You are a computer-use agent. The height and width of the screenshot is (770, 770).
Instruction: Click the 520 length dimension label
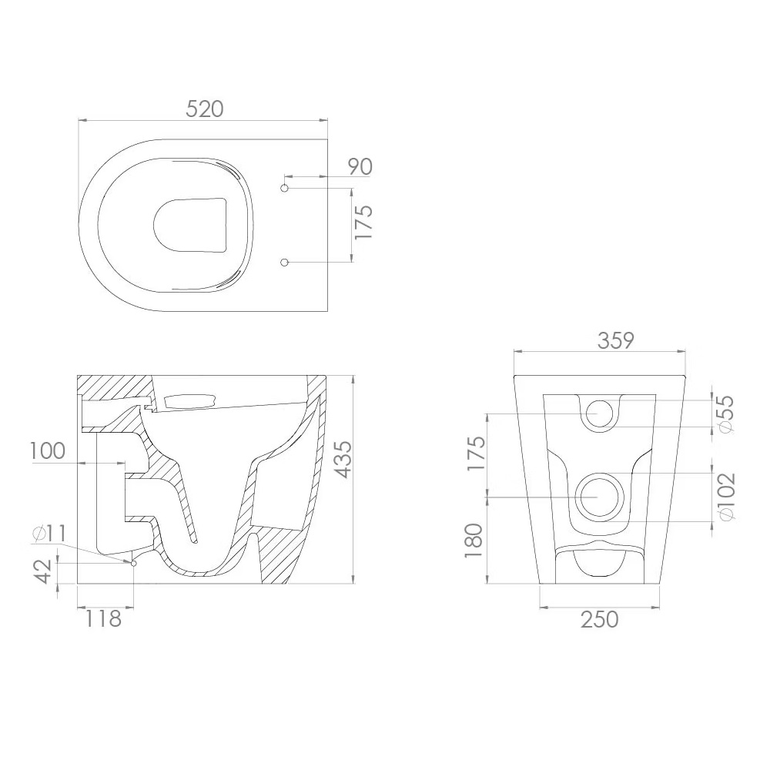204,109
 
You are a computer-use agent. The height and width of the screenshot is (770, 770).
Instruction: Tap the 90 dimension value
360,167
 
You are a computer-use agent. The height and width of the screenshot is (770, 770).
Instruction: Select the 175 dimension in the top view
364,223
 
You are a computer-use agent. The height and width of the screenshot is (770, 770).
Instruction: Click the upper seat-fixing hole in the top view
284,188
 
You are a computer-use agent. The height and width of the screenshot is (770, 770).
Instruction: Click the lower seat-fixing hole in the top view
284,263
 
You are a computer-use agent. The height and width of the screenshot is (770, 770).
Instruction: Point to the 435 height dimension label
343,459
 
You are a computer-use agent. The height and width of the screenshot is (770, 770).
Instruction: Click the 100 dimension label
48,450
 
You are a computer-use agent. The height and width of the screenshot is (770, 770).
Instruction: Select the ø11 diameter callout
49,534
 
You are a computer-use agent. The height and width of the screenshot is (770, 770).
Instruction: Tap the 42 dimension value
43,571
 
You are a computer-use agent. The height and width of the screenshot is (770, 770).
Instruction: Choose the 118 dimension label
103,619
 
